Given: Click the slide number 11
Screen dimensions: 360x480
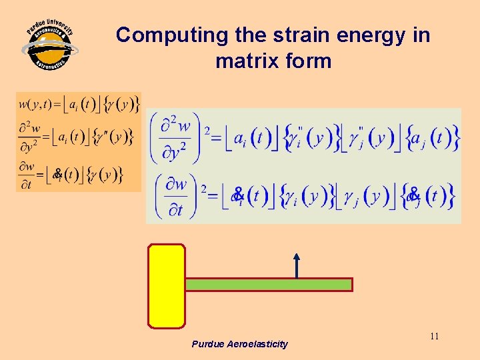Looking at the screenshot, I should coord(434,336).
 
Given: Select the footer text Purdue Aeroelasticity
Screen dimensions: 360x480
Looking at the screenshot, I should coord(239,344).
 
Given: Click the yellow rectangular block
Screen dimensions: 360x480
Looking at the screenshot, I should coord(167,285).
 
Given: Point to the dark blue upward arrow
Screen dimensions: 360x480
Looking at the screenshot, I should coord(297,265).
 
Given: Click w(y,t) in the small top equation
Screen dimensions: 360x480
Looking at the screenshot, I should coord(35,104).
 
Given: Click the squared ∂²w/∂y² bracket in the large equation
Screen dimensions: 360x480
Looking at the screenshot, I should coord(177,138).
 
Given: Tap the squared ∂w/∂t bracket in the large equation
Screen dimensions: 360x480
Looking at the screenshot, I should coord(177,195).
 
